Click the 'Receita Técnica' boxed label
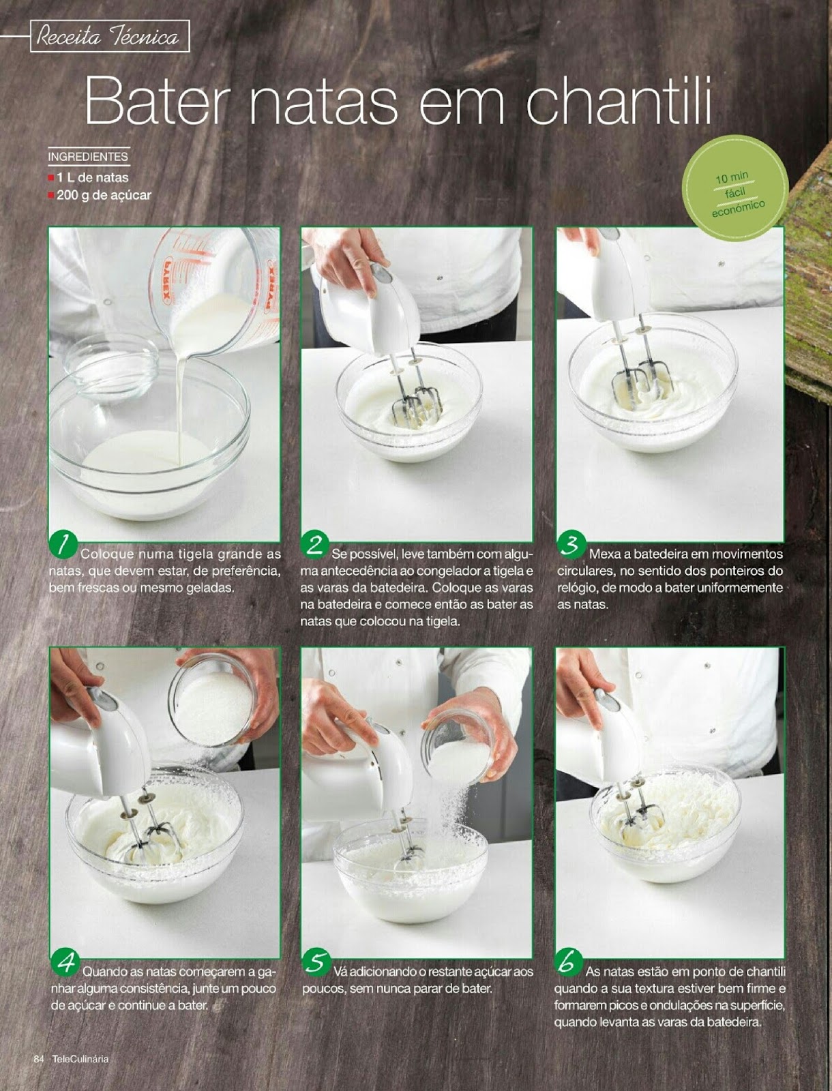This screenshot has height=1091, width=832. click(x=109, y=36)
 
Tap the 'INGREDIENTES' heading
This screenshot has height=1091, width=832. click(x=88, y=157)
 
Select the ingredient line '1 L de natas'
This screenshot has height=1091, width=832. click(x=92, y=177)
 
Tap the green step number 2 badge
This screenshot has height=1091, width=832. click(x=315, y=543)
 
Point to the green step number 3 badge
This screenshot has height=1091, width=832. click(x=571, y=543)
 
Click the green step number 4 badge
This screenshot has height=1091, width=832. click(x=66, y=961)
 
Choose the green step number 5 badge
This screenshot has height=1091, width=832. click(x=316, y=961)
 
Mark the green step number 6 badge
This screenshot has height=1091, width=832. click(x=567, y=961)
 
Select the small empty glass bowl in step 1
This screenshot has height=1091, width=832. click(x=113, y=365)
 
